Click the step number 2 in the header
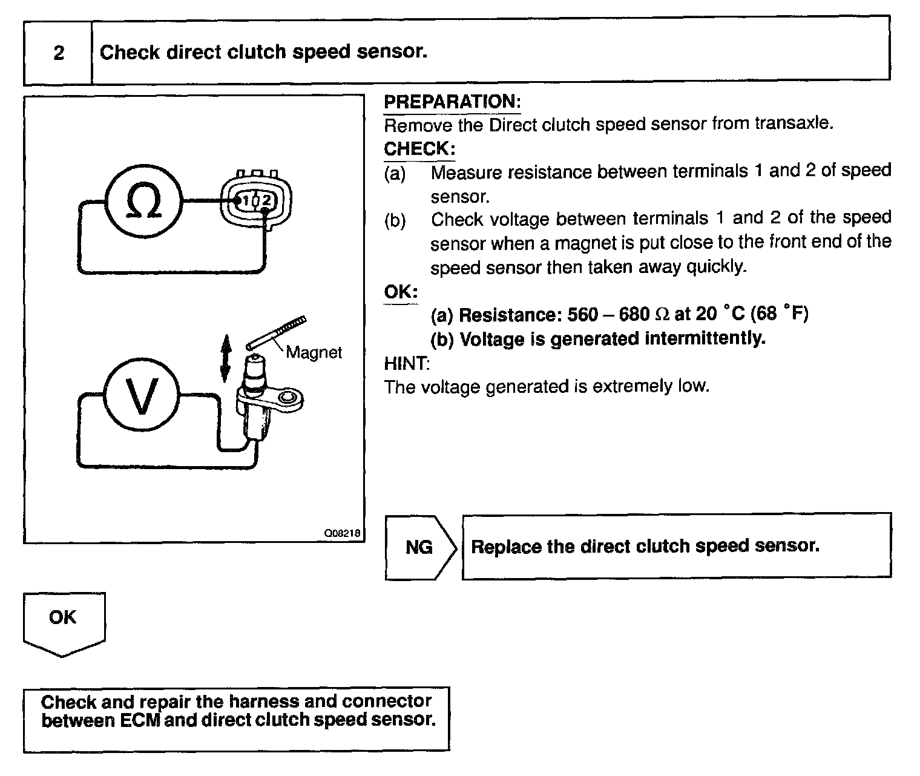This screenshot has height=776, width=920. pos(59,53)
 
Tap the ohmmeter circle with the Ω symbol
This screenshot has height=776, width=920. pos(143,200)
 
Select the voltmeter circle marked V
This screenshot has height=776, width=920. pos(142,396)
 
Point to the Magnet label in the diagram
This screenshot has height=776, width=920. pos(314,352)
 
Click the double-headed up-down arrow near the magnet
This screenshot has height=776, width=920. pos(225,360)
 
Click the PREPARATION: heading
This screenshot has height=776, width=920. pos(452,102)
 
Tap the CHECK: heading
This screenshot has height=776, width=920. pos(419,149)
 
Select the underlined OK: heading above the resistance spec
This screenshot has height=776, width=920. pos(401,292)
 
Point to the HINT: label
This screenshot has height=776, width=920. pos(407,363)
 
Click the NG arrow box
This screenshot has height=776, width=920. pos(419,547)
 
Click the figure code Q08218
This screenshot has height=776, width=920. pos(342,533)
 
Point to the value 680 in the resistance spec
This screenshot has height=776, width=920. pos(634,315)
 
